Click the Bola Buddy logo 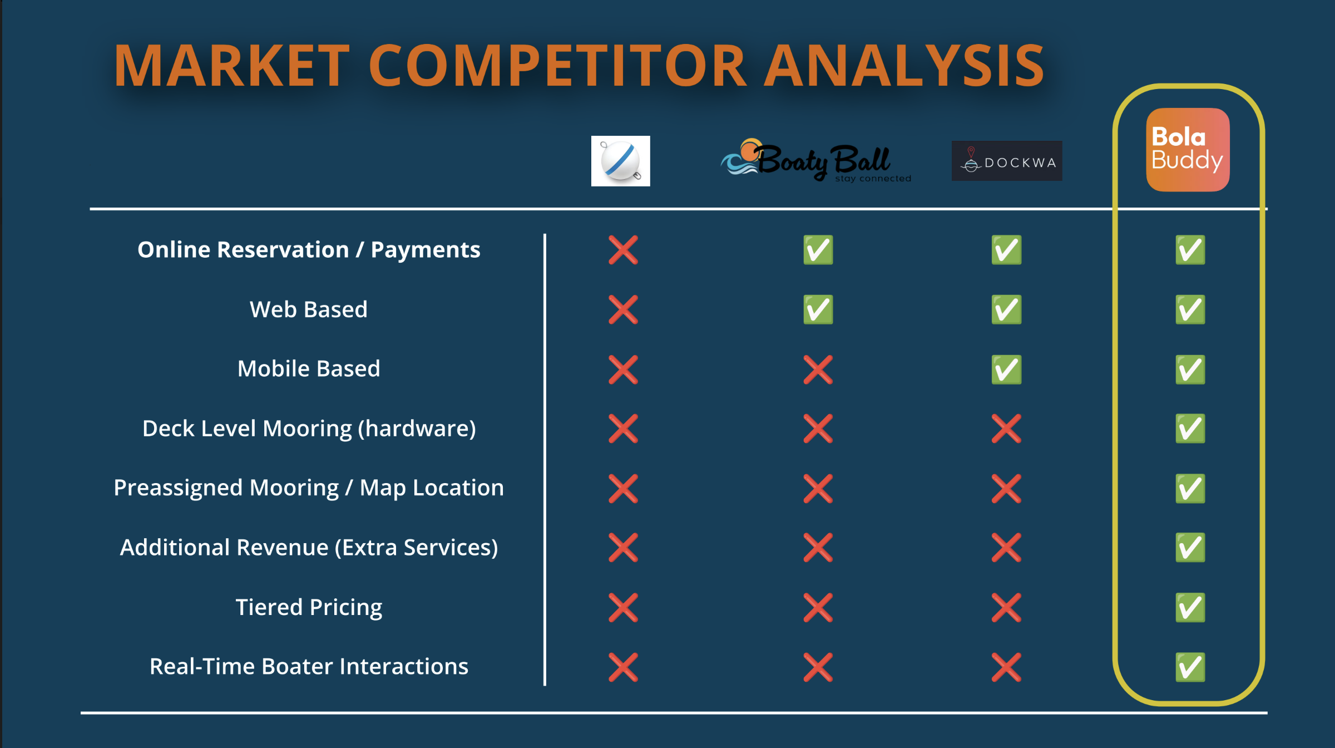(1188, 150)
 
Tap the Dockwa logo (1007, 161)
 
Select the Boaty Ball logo (816, 160)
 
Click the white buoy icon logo (621, 161)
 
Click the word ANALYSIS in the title (904, 66)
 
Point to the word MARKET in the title (232, 66)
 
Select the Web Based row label (309, 309)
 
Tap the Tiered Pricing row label (309, 607)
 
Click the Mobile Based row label (309, 368)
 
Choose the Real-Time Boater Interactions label (309, 666)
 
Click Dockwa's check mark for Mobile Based (1006, 370)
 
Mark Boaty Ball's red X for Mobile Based (818, 370)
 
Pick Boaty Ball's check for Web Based (818, 309)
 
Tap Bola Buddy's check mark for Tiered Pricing (1190, 607)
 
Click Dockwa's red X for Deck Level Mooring (1006, 429)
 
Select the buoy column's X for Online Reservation (623, 250)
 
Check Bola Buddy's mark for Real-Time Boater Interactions (1190, 667)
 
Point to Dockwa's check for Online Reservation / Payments (1006, 250)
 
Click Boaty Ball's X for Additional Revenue (818, 548)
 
